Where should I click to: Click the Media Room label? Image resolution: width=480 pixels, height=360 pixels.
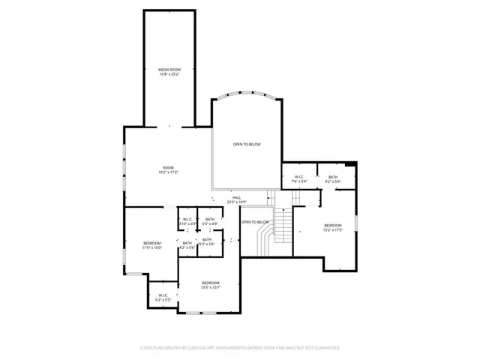pos(169,69)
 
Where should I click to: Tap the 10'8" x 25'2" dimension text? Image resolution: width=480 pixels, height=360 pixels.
pos(169,74)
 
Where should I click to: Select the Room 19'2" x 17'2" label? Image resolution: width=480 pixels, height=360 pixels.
pos(169,169)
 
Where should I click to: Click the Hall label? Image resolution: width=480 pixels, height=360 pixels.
pos(236,197)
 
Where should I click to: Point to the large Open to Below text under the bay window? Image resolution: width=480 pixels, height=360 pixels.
pos(246,144)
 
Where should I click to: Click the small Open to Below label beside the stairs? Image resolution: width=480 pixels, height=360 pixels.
pos(255,222)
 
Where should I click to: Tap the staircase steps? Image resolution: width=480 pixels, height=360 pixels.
pos(282,223)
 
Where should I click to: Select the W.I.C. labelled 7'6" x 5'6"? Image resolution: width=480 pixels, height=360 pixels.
pos(298,179)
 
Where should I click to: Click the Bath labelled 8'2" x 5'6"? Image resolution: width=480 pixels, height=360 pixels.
pos(333,179)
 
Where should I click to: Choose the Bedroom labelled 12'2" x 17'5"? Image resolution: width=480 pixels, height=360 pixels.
pos(333,227)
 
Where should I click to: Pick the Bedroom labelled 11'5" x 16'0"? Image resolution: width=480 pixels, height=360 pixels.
pos(152,245)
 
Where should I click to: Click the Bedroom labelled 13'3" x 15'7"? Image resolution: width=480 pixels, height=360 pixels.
pos(210,285)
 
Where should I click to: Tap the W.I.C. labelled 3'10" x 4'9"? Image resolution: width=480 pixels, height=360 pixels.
pos(188,221)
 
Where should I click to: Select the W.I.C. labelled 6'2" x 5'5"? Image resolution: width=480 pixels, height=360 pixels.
pos(163,297)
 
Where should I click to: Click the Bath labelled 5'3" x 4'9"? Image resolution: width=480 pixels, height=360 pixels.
pos(210,221)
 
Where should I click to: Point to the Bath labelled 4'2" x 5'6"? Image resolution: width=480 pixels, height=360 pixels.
pos(187,244)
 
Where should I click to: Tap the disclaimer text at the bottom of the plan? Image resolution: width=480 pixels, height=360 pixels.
pos(240,347)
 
